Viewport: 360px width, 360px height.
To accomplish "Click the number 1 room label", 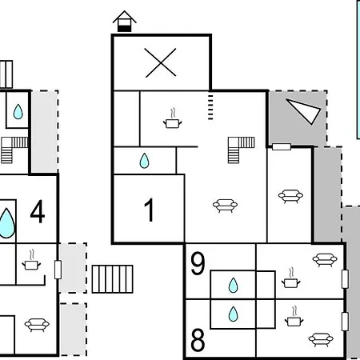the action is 150,210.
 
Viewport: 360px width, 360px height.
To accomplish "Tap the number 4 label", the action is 38,211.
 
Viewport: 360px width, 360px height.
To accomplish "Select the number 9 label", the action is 198,263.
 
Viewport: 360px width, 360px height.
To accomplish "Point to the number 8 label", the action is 198,340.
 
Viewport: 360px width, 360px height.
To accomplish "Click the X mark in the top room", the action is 160,63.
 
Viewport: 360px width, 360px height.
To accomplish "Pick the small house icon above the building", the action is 125,22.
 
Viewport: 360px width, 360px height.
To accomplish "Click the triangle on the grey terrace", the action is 303,111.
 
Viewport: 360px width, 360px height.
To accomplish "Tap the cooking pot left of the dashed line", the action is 173,119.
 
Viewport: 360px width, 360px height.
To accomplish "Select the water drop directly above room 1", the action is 144,161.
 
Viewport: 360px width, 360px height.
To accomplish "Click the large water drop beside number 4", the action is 6,223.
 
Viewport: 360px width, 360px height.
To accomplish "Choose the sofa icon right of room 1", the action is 225,206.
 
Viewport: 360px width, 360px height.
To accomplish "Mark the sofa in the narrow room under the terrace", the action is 290,196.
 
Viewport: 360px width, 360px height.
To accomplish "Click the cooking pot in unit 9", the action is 291,278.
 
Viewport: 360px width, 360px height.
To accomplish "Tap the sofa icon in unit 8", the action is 321,339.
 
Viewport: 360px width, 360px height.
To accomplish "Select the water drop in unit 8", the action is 234,314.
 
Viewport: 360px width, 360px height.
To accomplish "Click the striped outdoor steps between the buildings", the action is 113,279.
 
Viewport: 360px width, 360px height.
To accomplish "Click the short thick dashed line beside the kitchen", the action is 210,106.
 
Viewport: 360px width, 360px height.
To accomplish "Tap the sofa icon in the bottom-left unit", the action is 37,325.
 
